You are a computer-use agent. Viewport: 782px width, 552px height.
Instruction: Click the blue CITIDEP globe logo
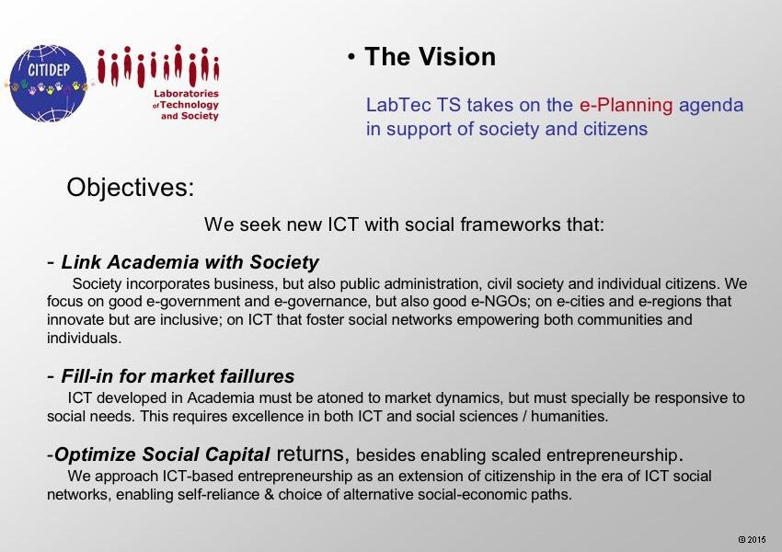(x=49, y=84)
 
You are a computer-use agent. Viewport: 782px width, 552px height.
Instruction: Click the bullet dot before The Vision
(x=352, y=57)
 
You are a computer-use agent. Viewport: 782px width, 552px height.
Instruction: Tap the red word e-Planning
(x=626, y=105)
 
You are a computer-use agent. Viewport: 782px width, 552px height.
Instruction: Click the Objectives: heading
(x=130, y=188)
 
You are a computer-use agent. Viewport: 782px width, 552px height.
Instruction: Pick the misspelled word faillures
(x=258, y=376)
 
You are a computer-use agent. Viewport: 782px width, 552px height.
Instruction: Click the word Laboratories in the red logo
(x=186, y=93)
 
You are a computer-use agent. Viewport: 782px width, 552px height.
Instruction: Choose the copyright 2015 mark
(x=752, y=539)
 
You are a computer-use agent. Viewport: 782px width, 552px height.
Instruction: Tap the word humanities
(x=569, y=416)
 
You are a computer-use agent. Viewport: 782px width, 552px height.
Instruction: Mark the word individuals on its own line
(x=85, y=338)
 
